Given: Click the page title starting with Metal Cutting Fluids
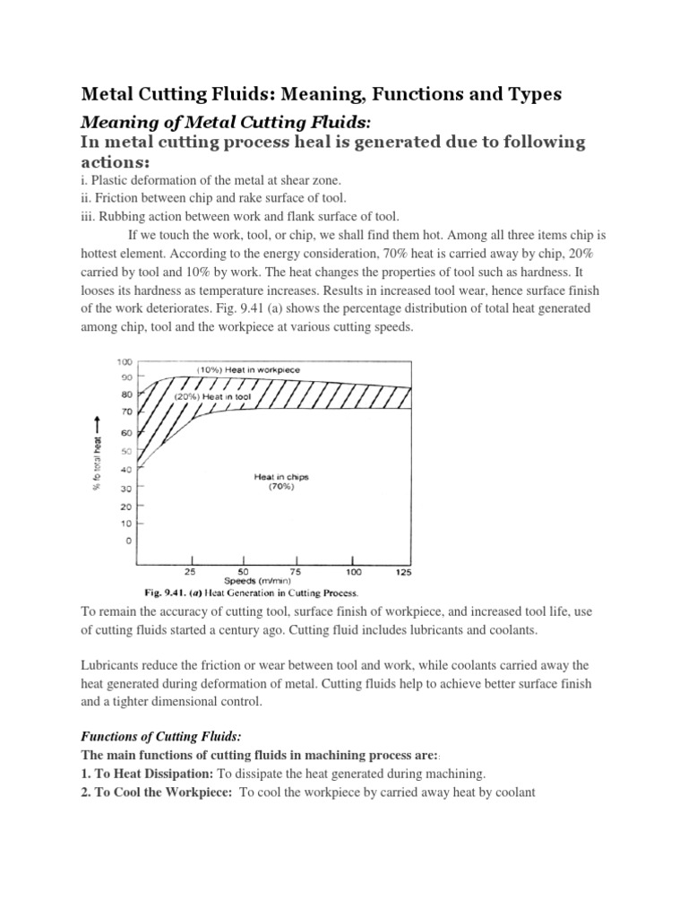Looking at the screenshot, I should pyautogui.click(x=322, y=94).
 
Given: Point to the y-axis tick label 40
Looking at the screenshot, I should pyautogui.click(x=126, y=469).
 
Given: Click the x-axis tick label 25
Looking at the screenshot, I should pyautogui.click(x=190, y=571).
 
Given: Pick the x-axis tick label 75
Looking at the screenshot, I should pyautogui.click(x=297, y=571).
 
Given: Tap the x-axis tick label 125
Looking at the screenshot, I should pyautogui.click(x=402, y=571).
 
